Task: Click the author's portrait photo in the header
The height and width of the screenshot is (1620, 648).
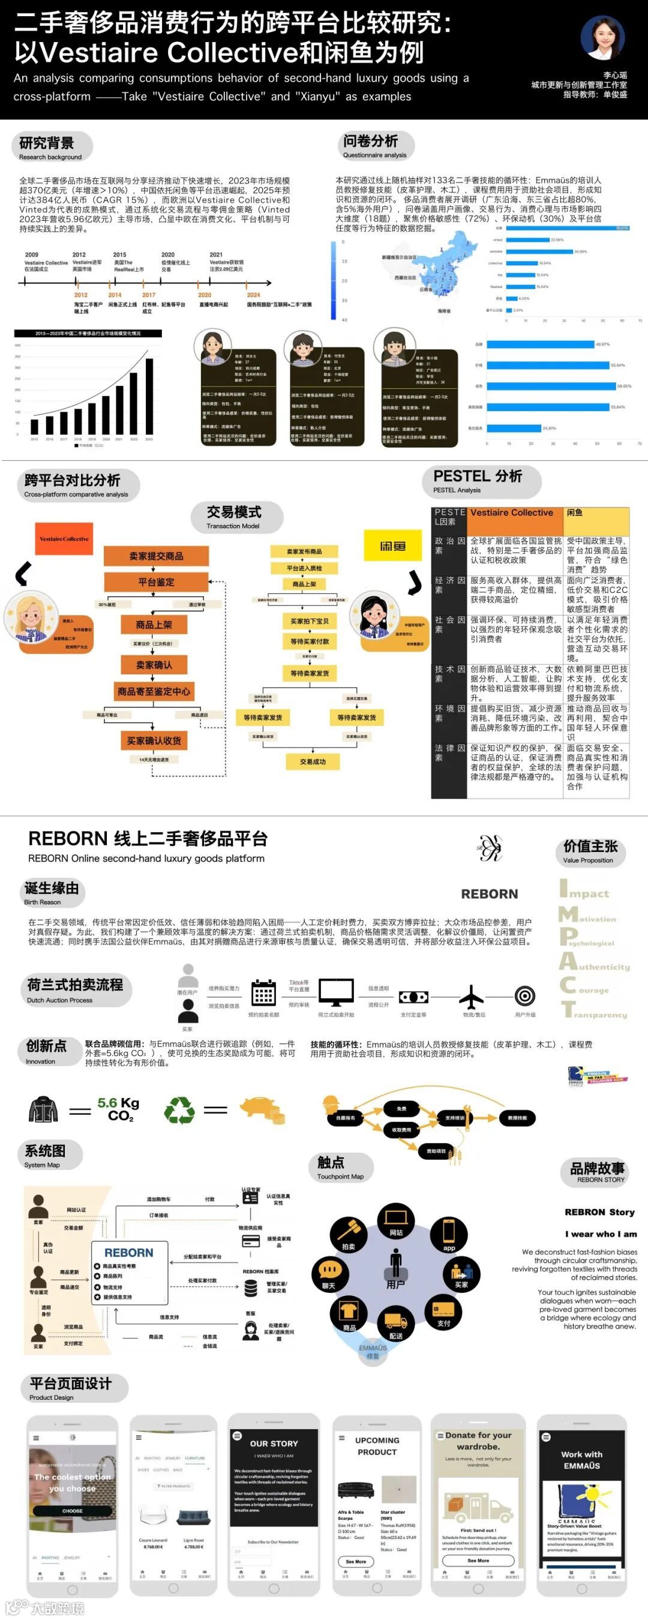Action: point(602,37)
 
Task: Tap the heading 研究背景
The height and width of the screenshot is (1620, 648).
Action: point(47,143)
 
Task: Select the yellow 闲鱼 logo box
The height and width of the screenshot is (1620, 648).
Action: point(392,546)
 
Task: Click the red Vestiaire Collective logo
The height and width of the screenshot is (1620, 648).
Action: point(64,539)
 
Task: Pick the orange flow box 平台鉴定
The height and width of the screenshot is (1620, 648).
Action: point(156,583)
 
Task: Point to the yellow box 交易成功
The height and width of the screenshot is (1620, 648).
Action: point(313,761)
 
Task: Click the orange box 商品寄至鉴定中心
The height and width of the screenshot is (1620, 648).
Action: point(154,692)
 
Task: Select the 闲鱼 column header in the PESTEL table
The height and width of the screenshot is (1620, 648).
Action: point(596,513)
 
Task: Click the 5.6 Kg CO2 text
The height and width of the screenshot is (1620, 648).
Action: point(118,1109)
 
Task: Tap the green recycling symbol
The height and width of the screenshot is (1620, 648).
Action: point(179,1109)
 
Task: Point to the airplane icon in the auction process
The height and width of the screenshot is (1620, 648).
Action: point(471,996)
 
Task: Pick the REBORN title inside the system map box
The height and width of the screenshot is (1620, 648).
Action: point(129,1253)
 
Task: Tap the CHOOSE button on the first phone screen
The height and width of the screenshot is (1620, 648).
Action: point(73,1511)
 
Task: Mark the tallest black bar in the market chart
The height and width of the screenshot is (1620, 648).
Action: point(149,395)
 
